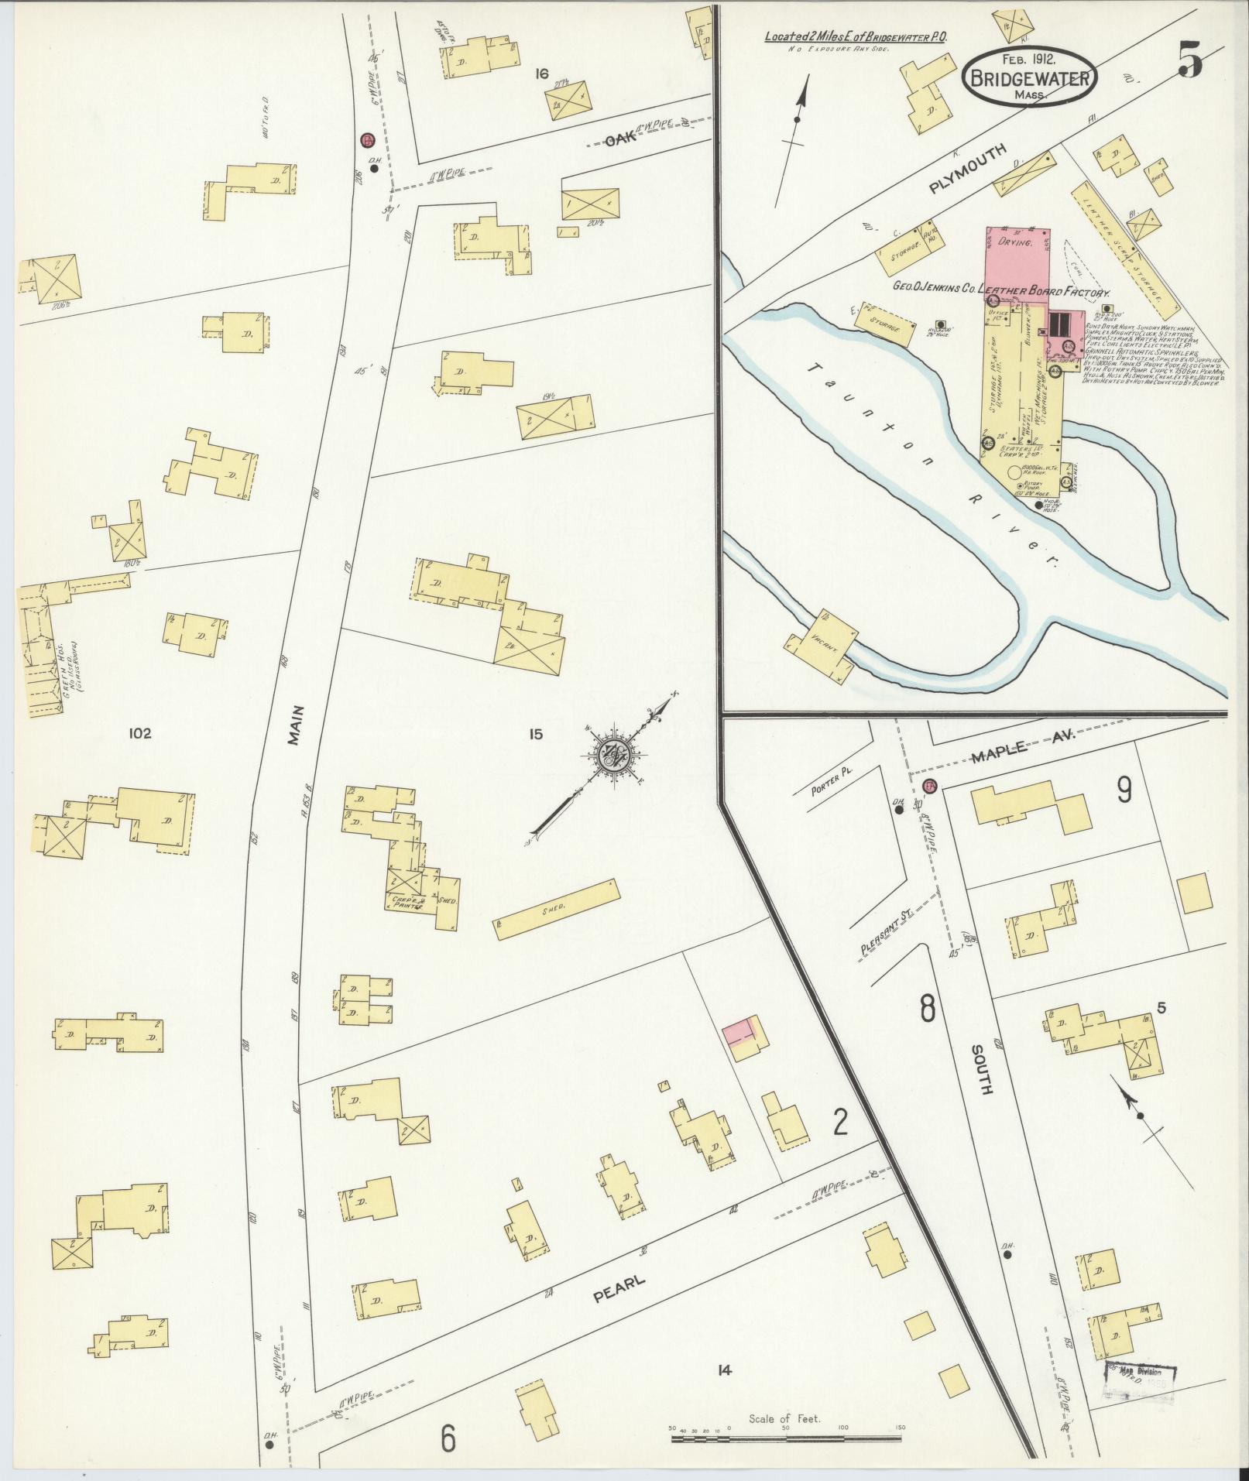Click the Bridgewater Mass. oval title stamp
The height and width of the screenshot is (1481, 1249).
(x=1030, y=76)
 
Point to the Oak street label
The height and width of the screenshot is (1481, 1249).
(x=619, y=140)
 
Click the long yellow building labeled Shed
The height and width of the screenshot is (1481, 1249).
(x=558, y=909)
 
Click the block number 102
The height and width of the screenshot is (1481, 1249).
(x=140, y=733)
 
